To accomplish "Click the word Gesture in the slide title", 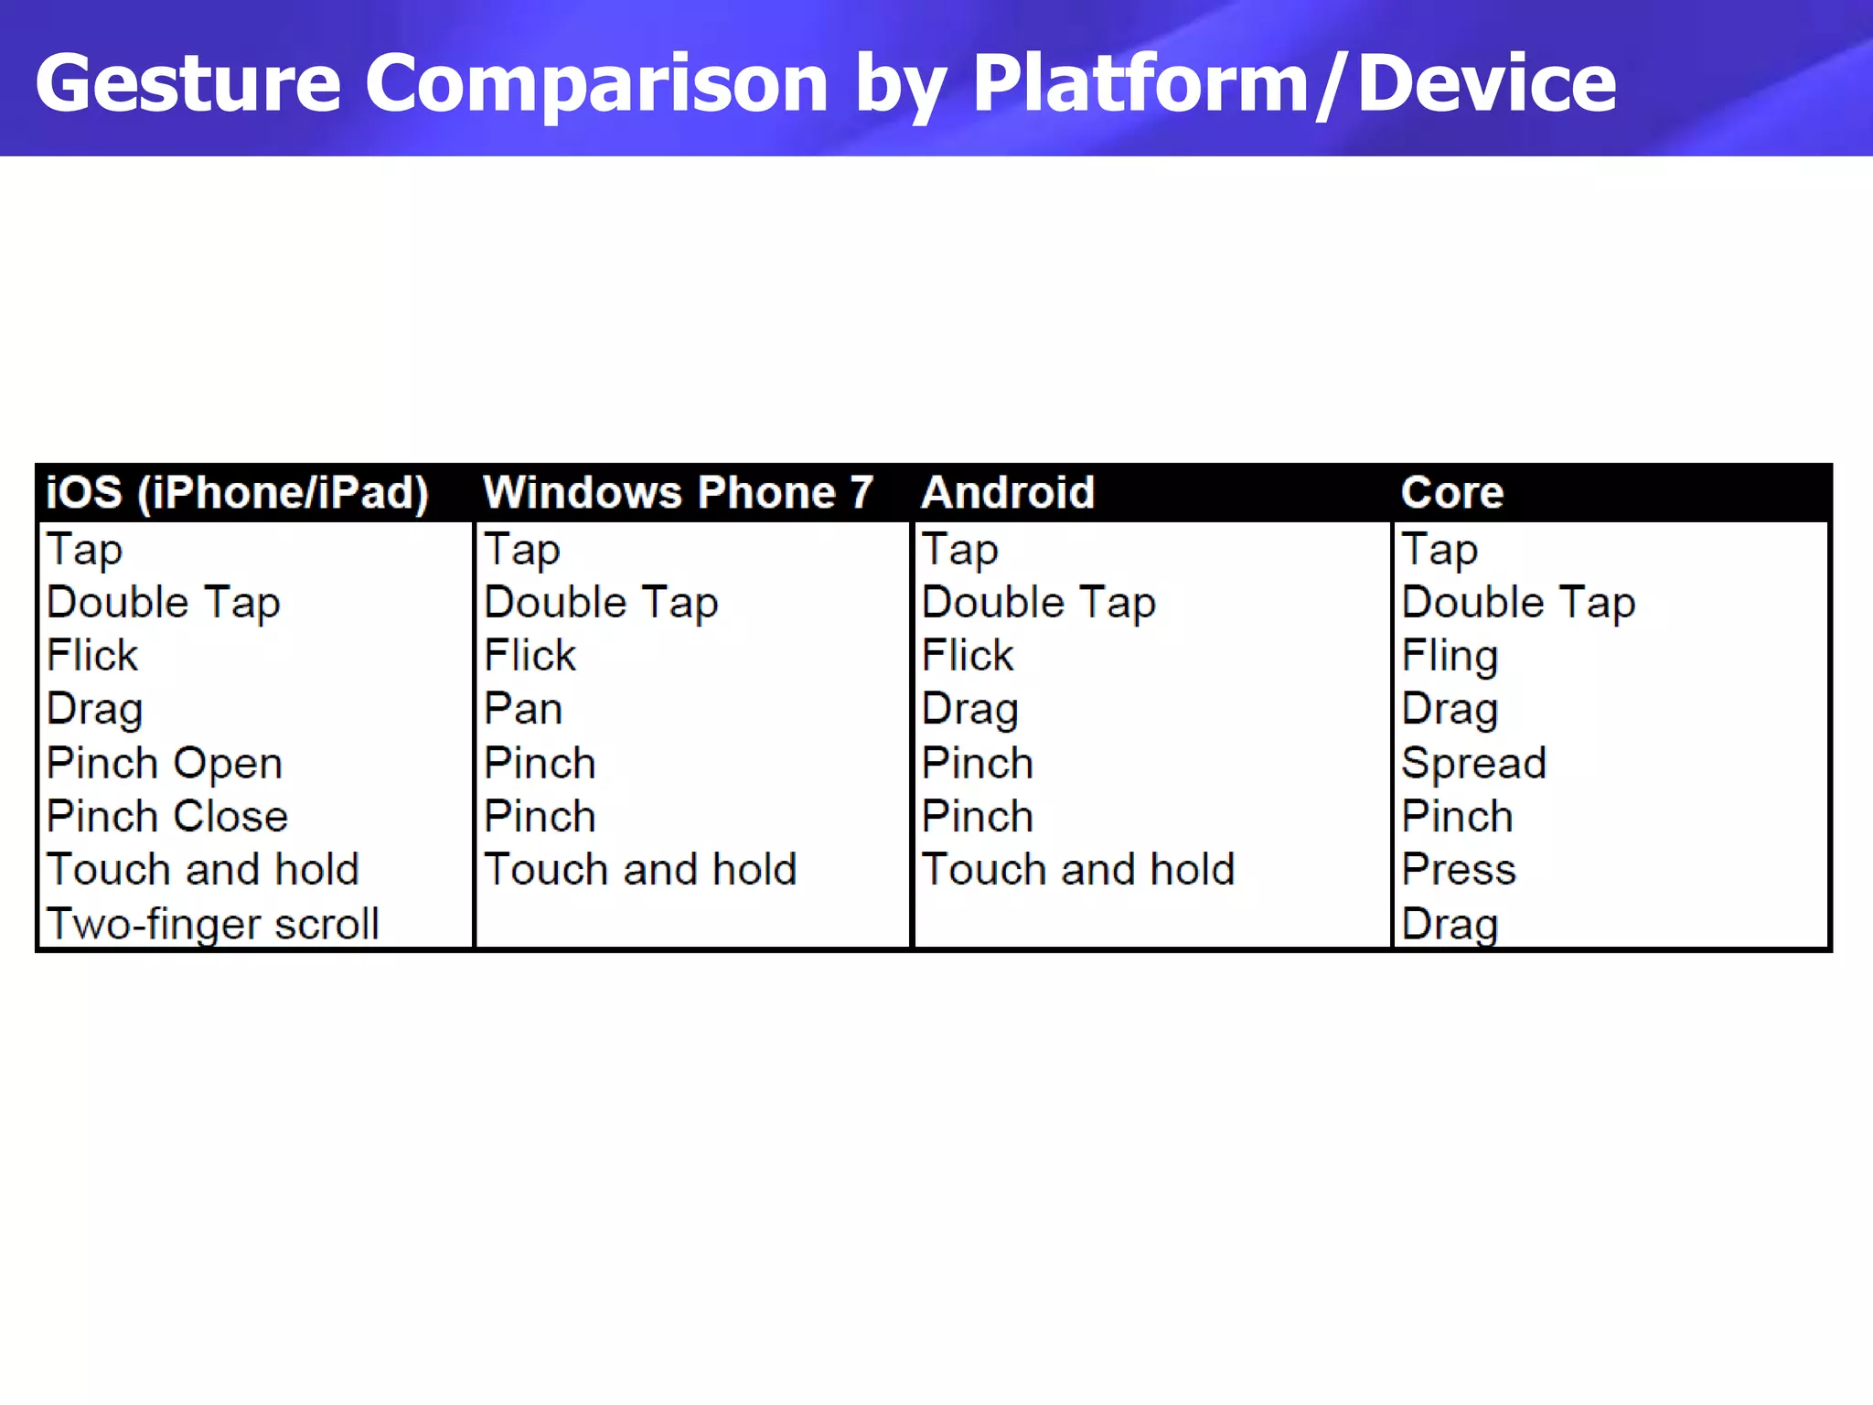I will (187, 84).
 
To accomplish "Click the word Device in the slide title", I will (1487, 84).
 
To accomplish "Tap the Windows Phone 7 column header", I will (678, 492).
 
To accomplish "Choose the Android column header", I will (1008, 492).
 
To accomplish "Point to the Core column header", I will (1452, 492).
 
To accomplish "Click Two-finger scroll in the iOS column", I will (212, 923).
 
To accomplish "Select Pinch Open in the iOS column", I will (165, 763).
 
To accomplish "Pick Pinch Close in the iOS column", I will (167, 816).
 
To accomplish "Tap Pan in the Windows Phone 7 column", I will (523, 709).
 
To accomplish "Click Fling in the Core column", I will (1450, 656).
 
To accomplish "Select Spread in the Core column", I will (1473, 763).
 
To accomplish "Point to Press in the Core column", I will (1459, 869).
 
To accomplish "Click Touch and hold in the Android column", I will (1078, 869).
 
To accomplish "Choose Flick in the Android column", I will (968, 656).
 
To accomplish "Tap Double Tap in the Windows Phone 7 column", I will (601, 603).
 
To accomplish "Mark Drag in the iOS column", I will (95, 709).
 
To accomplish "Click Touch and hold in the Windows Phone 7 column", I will (640, 869).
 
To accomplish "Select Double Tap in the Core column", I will (1518, 603).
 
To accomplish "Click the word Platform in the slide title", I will (1140, 84).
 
